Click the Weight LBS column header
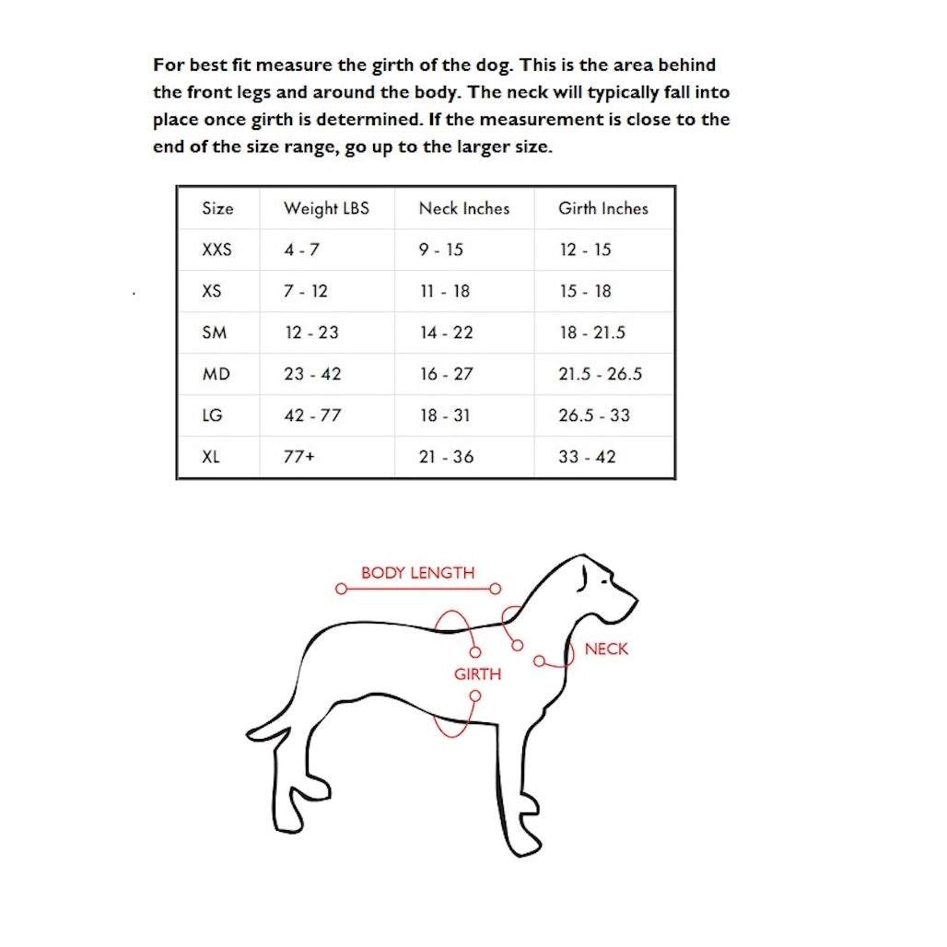tap(326, 208)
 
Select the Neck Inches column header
tap(463, 208)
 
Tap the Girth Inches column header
tap(602, 208)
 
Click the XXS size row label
tap(216, 250)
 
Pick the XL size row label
tap(211, 457)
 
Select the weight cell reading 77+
tap(298, 457)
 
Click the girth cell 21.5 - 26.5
tap(600, 374)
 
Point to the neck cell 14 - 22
tap(446, 333)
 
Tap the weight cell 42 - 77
tap(312, 415)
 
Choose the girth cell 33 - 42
tap(587, 457)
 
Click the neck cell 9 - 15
tap(441, 250)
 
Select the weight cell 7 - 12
tap(305, 291)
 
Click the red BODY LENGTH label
tap(417, 572)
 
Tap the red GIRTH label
tap(477, 674)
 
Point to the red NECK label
tap(606, 649)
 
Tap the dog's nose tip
tap(634, 600)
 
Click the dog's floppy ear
tap(583, 577)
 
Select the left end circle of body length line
tap(341, 589)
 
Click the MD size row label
tap(216, 374)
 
